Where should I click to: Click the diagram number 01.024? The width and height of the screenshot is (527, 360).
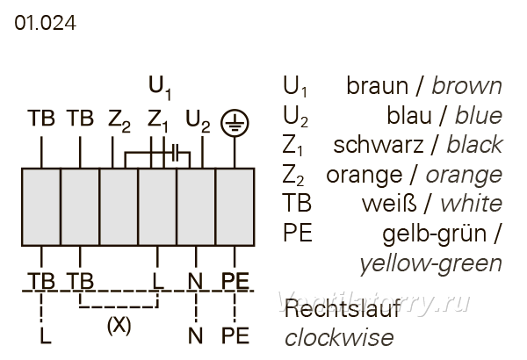pyautogui.click(x=45, y=23)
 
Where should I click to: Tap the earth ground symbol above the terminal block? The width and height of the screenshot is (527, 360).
pyautogui.click(x=235, y=123)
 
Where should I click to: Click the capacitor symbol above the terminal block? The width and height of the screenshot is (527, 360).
pyautogui.click(x=176, y=153)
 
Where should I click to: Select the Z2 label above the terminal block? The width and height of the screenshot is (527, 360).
pyautogui.click(x=119, y=121)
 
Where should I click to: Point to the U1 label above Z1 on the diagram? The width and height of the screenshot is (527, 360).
pyautogui.click(x=160, y=88)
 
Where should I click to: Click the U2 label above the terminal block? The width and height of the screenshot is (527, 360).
pyautogui.click(x=198, y=121)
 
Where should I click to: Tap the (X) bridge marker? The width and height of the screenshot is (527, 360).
pyautogui.click(x=119, y=326)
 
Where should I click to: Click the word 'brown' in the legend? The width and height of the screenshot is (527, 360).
pyautogui.click(x=467, y=86)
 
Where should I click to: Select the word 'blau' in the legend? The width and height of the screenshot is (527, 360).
pyautogui.click(x=409, y=115)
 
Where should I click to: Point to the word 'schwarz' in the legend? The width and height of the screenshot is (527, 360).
pyautogui.click(x=378, y=145)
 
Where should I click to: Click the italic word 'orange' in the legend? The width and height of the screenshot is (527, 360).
pyautogui.click(x=464, y=176)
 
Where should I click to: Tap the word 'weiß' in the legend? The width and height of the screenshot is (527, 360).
pyautogui.click(x=389, y=204)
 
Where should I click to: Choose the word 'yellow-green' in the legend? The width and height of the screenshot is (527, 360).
pyautogui.click(x=431, y=264)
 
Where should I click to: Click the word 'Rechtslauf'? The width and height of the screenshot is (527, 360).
pyautogui.click(x=343, y=308)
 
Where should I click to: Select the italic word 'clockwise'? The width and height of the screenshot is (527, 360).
pyautogui.click(x=339, y=337)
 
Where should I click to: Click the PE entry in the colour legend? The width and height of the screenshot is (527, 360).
pyautogui.click(x=298, y=233)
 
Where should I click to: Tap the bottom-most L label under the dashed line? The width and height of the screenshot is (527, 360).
pyautogui.click(x=46, y=335)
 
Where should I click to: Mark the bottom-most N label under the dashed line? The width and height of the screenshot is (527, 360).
pyautogui.click(x=196, y=335)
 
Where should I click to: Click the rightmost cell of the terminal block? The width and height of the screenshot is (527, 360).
pyautogui.click(x=235, y=206)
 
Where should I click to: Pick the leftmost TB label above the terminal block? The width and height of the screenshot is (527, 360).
pyautogui.click(x=41, y=118)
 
